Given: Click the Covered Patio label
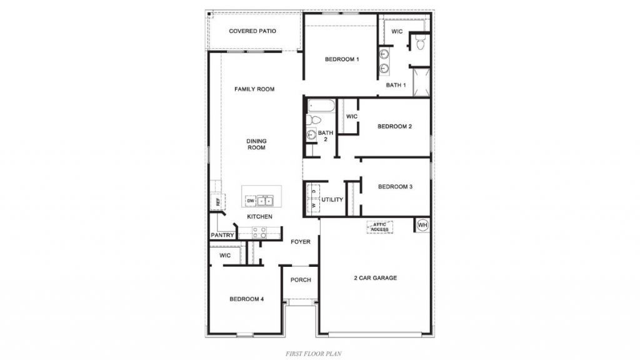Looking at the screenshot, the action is coord(252,31).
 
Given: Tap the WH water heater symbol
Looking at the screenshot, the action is coord(422,225).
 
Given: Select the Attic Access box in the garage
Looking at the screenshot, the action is coord(379,227).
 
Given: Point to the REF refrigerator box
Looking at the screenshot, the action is coord(217,201).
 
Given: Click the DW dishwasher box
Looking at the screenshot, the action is coord(251,201).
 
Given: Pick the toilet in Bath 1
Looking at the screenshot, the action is coord(421,42).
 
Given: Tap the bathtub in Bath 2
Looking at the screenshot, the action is coord(321,106).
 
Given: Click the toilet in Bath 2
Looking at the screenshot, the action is coord(313,120).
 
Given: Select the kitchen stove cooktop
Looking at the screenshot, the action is coord(259,232).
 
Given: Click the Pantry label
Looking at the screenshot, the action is coord(222,235).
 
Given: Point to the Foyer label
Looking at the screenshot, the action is coord(301,242).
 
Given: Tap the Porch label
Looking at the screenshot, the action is coord(301,280).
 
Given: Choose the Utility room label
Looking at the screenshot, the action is coord(332,199).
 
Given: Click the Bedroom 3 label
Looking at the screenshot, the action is coord(395,186).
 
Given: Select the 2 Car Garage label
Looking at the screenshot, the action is coord(375,278).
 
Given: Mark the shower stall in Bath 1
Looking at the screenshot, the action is coord(422,82).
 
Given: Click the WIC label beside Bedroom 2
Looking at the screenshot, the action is coord(352,116).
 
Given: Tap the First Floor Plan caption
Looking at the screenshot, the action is coord(314,354).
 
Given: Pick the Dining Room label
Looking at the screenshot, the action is coord(256,144).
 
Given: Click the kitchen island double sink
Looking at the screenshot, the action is coord(265,201).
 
